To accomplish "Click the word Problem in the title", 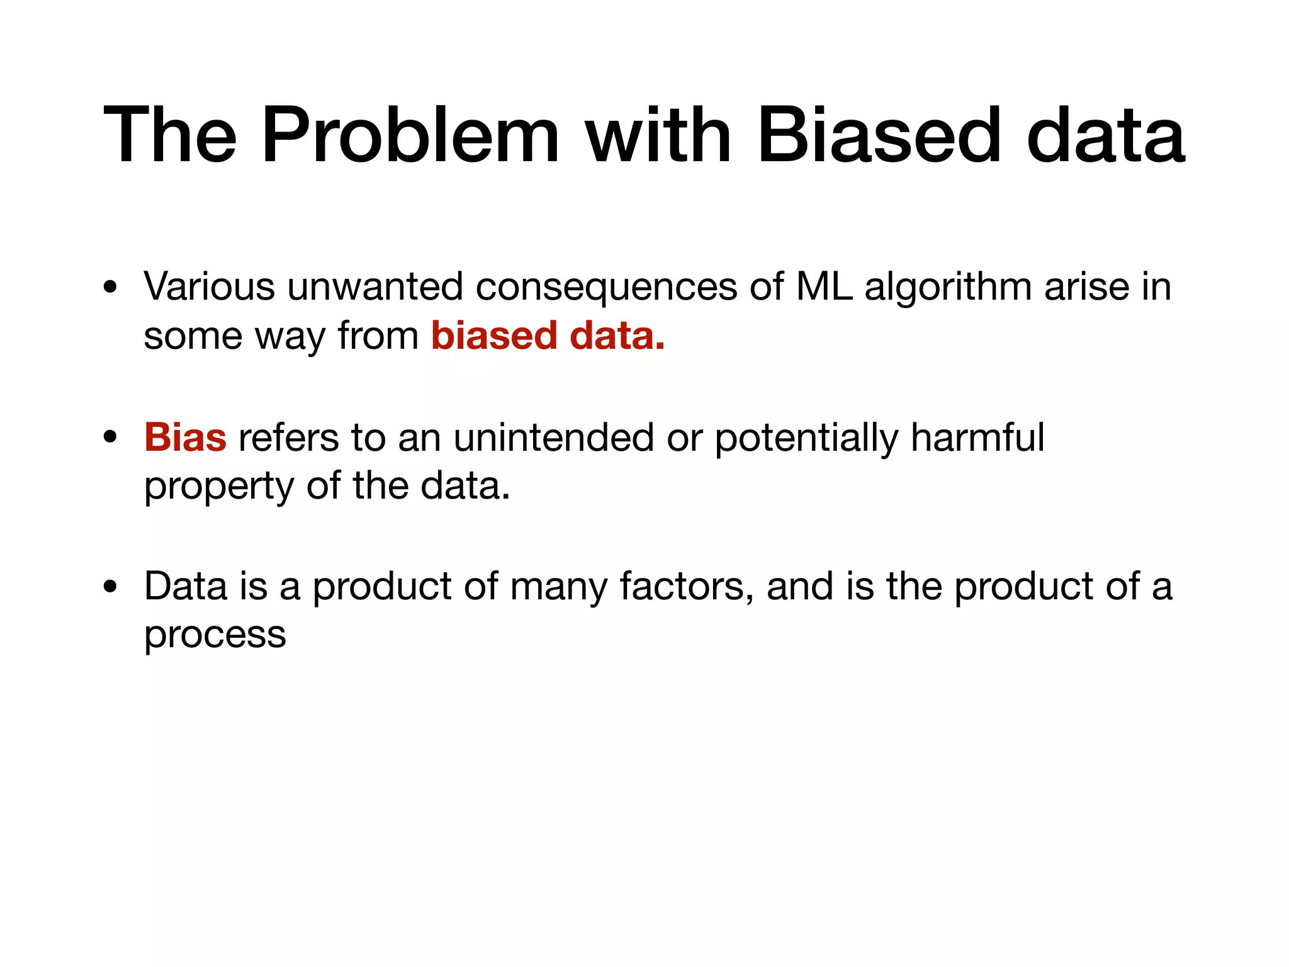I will click(410, 137).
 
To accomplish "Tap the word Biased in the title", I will click(878, 137).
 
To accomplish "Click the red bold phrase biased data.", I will click(548, 336).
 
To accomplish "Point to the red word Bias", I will click(185, 438).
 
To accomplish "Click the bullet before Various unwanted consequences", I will click(111, 288).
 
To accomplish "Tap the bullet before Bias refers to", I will click(111, 438).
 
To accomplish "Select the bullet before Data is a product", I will click(111, 587).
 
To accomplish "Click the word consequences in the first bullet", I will click(605, 287).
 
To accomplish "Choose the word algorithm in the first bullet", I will click(948, 288).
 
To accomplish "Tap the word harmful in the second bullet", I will click(977, 438).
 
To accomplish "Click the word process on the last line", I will click(215, 636).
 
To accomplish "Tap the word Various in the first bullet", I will click(209, 287).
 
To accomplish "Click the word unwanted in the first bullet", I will click(375, 287).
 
